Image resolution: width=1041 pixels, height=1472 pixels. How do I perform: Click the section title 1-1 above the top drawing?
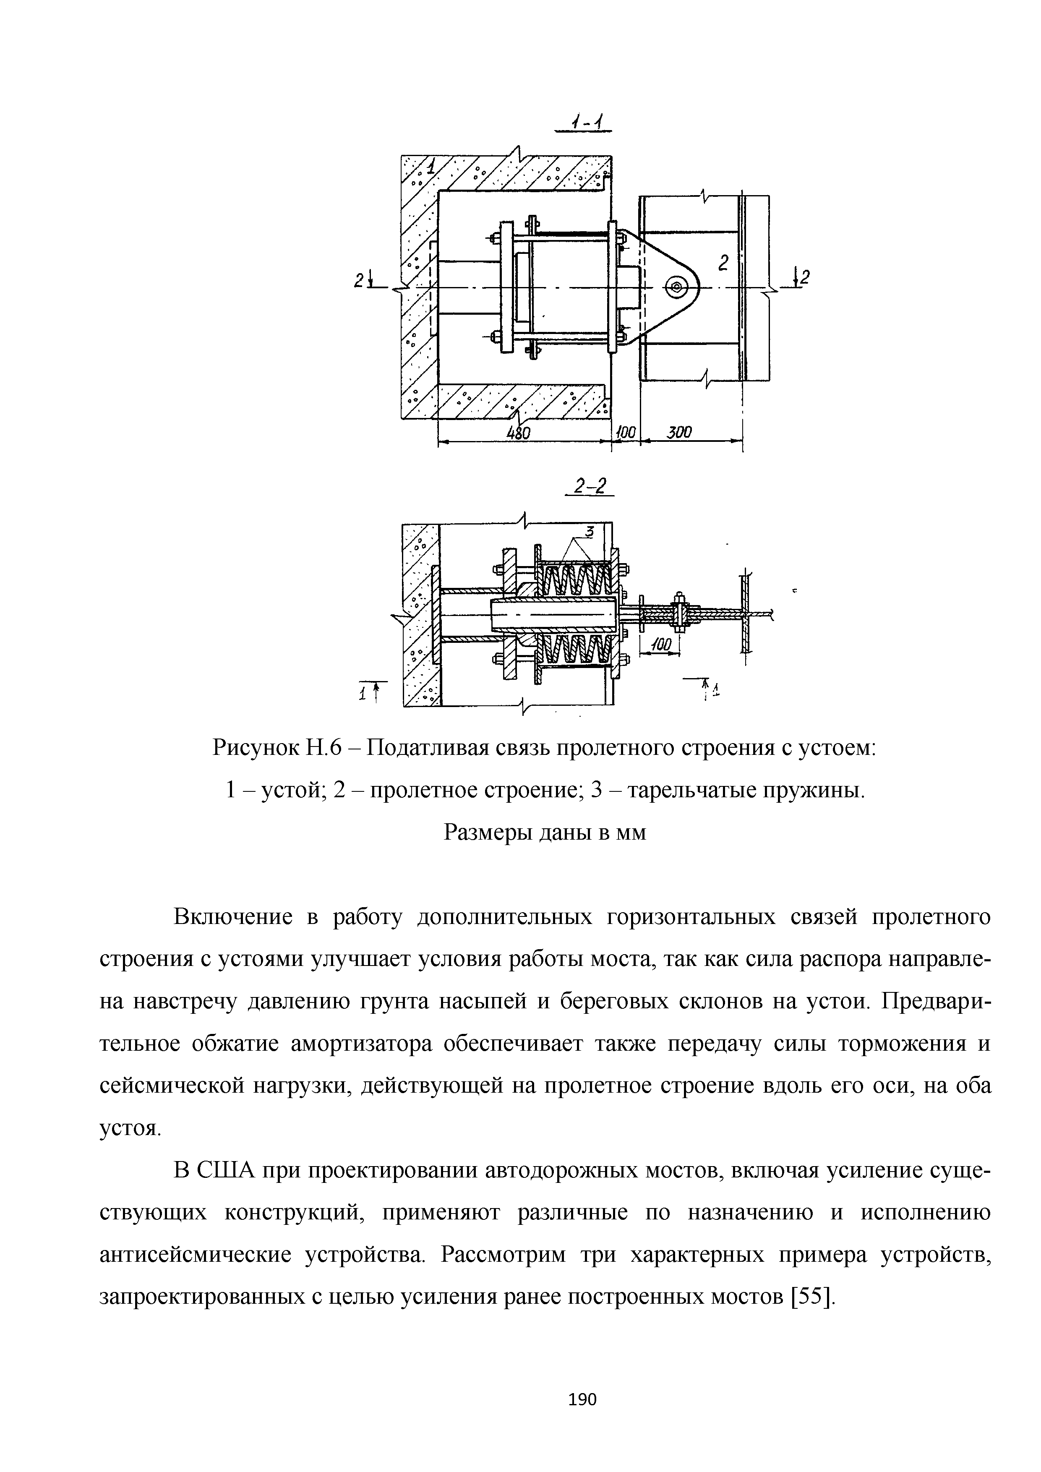pos(584,121)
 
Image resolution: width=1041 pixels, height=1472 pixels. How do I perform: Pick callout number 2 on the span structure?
pos(724,263)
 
